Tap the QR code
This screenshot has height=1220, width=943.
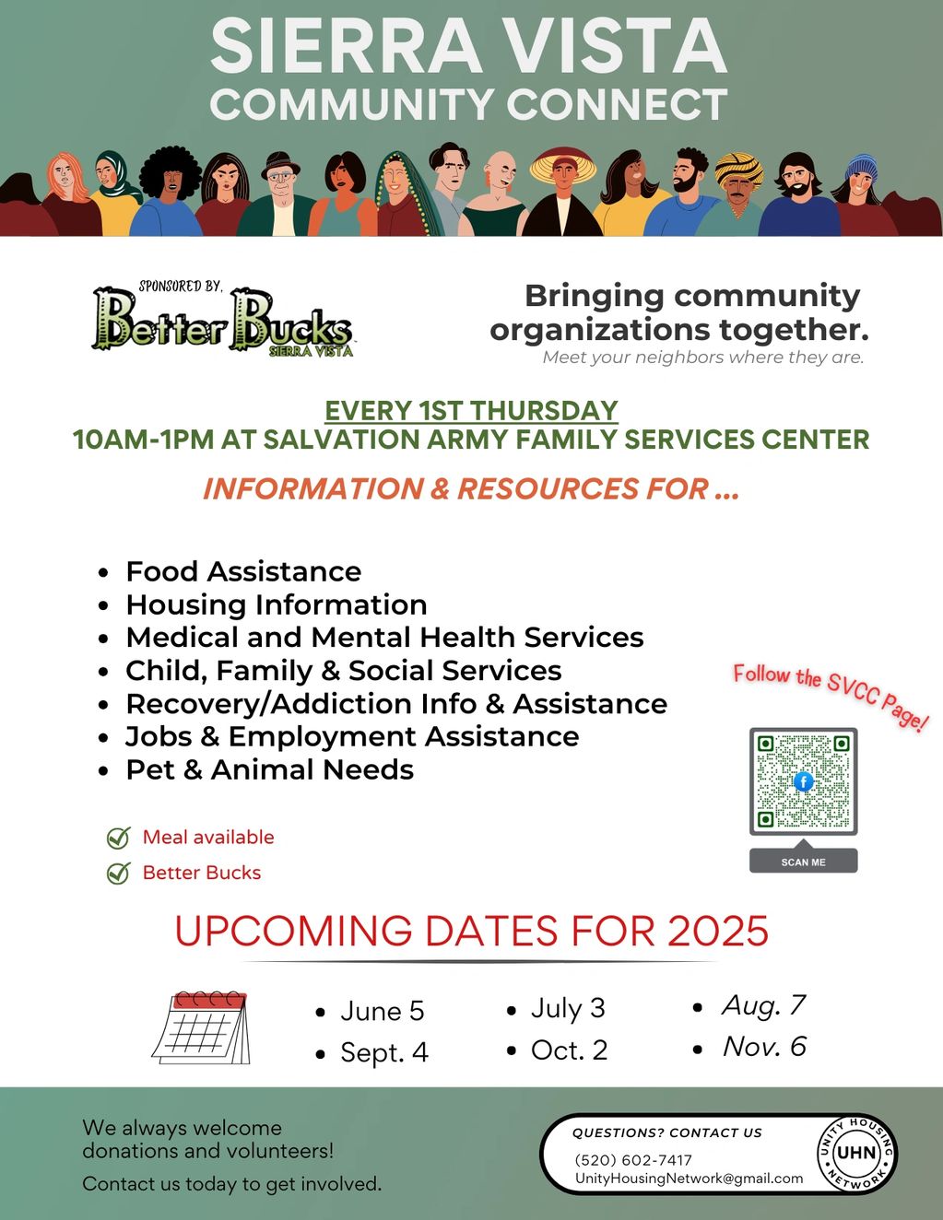[x=803, y=781]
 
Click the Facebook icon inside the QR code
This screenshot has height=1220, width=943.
[x=804, y=781]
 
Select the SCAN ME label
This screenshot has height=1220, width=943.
[x=803, y=862]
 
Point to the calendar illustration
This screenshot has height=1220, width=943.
[x=202, y=1028]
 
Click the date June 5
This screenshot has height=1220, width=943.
[x=382, y=1011]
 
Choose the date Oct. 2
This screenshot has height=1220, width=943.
[x=570, y=1050]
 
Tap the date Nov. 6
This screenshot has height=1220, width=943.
[x=764, y=1047]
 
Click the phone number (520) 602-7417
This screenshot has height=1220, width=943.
[x=633, y=1160]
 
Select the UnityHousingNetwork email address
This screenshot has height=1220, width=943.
[x=689, y=1178]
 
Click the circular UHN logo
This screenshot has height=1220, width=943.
[x=856, y=1154]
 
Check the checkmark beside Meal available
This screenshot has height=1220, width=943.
[x=119, y=838]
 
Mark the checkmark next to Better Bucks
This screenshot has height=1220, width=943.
[x=119, y=873]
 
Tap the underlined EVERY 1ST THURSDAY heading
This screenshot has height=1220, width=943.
[x=471, y=410]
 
